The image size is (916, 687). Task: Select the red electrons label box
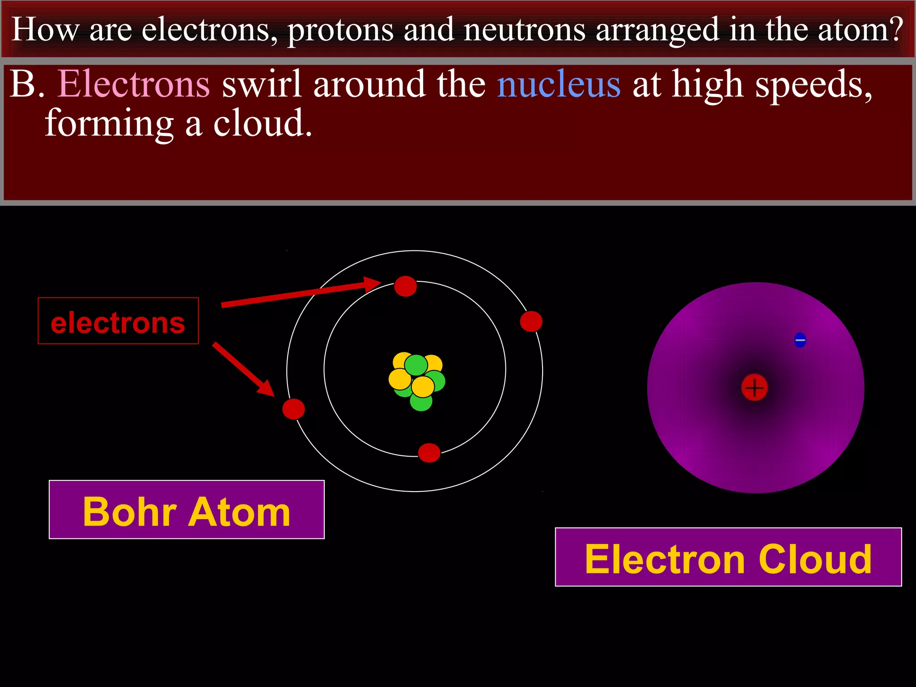click(x=118, y=321)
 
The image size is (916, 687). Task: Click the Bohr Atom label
click(x=187, y=510)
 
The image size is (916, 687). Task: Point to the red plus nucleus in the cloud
click(x=755, y=387)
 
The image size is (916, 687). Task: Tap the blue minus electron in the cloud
click(x=800, y=340)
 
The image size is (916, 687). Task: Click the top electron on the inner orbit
click(x=405, y=286)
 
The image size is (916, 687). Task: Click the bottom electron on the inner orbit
click(x=429, y=453)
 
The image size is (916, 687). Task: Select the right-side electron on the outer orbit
click(x=531, y=322)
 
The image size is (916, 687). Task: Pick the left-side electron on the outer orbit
click(x=293, y=409)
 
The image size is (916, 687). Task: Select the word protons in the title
click(x=340, y=30)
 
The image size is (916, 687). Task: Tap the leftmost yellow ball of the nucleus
click(x=399, y=379)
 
